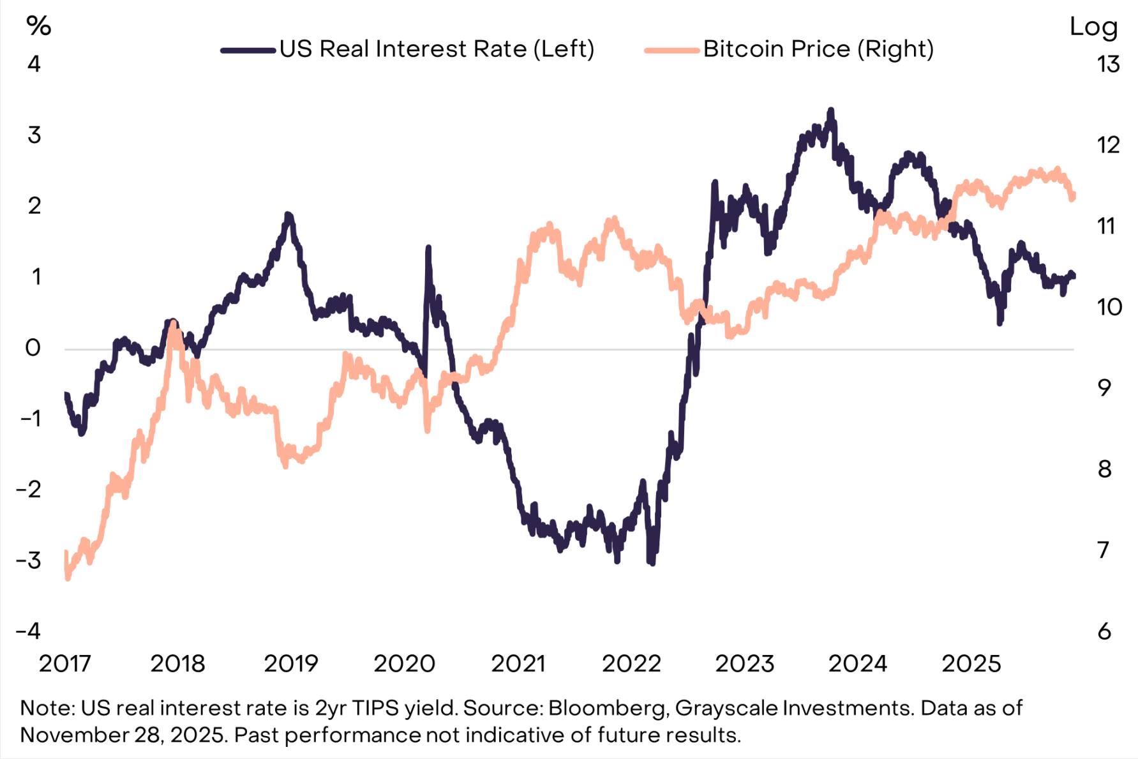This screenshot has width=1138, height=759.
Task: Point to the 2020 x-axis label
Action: (404, 664)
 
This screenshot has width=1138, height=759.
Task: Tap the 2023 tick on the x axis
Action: (744, 664)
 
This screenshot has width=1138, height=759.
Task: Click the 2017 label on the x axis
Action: (65, 664)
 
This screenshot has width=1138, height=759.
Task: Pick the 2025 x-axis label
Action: (971, 664)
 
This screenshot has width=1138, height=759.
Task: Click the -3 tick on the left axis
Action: (29, 560)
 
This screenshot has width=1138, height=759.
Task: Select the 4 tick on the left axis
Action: (34, 64)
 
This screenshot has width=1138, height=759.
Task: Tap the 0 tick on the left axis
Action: (33, 348)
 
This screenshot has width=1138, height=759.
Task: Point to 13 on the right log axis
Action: (1109, 64)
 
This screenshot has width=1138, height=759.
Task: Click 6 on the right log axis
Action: (1105, 631)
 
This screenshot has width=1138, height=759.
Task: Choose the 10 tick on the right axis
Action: (1109, 307)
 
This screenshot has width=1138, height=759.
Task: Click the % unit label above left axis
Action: (38, 26)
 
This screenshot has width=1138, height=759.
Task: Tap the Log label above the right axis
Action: (1093, 27)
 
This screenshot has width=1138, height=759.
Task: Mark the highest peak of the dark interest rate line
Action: (830, 111)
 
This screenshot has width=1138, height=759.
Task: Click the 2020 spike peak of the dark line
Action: (428, 248)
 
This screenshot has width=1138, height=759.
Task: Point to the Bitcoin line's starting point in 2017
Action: (66, 552)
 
